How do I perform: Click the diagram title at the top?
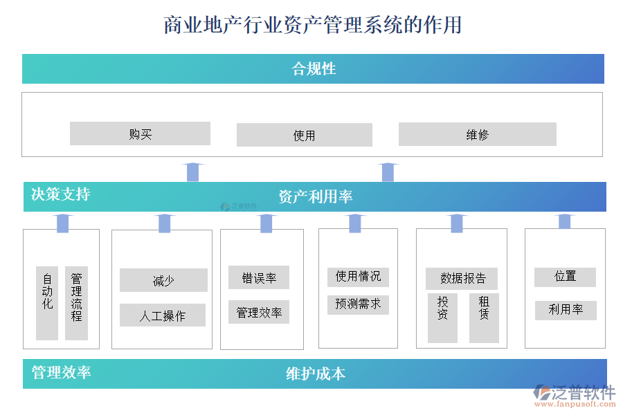pyautogui.click(x=312, y=26)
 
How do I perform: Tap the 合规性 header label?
pyautogui.click(x=314, y=69)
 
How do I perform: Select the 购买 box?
pyautogui.click(x=140, y=134)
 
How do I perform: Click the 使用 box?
pyautogui.click(x=304, y=136)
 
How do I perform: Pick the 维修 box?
pyautogui.click(x=477, y=135)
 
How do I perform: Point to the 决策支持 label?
pyautogui.click(x=60, y=194)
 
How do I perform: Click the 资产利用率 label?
pyautogui.click(x=315, y=196)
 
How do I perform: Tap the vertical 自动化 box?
pyautogui.click(x=47, y=303)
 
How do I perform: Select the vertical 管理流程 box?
pyautogui.click(x=76, y=303)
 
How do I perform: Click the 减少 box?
pyautogui.click(x=163, y=281)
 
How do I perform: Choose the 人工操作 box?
pyautogui.click(x=163, y=315)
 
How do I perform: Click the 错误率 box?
pyautogui.click(x=259, y=278)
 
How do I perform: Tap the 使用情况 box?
pyautogui.click(x=358, y=277)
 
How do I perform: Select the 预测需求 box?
pyautogui.click(x=358, y=304)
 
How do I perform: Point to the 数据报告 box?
pyautogui.click(x=462, y=279)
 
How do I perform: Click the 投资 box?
pyautogui.click(x=442, y=317)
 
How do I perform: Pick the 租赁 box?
pyautogui.click(x=484, y=317)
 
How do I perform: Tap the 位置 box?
pyautogui.click(x=565, y=277)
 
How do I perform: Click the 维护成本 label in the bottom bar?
pyautogui.click(x=316, y=374)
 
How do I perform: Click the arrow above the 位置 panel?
pyautogui.click(x=565, y=221)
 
